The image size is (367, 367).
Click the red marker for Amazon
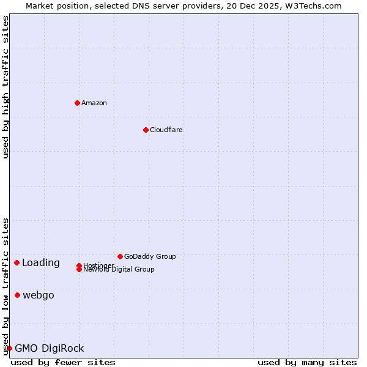coord(77,103)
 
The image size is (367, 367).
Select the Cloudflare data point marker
coord(146,130)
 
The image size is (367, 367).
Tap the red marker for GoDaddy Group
coord(120,256)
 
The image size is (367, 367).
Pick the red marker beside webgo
coord(17,295)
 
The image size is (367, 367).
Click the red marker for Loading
coord(17,263)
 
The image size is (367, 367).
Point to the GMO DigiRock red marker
coord(9,349)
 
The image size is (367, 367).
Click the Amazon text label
coord(94,103)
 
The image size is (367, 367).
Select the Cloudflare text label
coord(166,130)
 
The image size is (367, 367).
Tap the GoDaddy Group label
coord(150,256)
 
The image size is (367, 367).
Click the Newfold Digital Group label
coord(119,270)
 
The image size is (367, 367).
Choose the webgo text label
coord(39,295)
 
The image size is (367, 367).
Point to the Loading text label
coord(41,263)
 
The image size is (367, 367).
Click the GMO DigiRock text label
coord(50,349)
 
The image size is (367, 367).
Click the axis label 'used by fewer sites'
coord(63,362)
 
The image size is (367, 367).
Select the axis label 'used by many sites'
coord(307,362)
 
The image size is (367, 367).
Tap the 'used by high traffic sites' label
coord(6,87)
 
